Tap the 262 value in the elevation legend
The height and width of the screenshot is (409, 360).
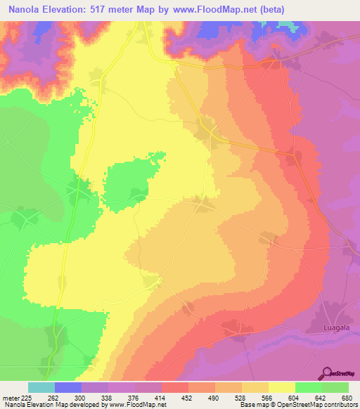coord(55,398)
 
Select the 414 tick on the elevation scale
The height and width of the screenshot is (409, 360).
coord(162,398)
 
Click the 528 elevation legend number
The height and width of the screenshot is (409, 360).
coord(242,398)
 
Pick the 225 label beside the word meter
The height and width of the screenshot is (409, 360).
coord(28,398)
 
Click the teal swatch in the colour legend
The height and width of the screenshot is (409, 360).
coord(41,387)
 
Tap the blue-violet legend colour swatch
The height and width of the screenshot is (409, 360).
coord(68,387)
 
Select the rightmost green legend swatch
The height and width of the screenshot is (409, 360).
coord(335,387)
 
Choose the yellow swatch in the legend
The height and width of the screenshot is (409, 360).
coord(282,387)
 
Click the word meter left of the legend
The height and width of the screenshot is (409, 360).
coord(10,398)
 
